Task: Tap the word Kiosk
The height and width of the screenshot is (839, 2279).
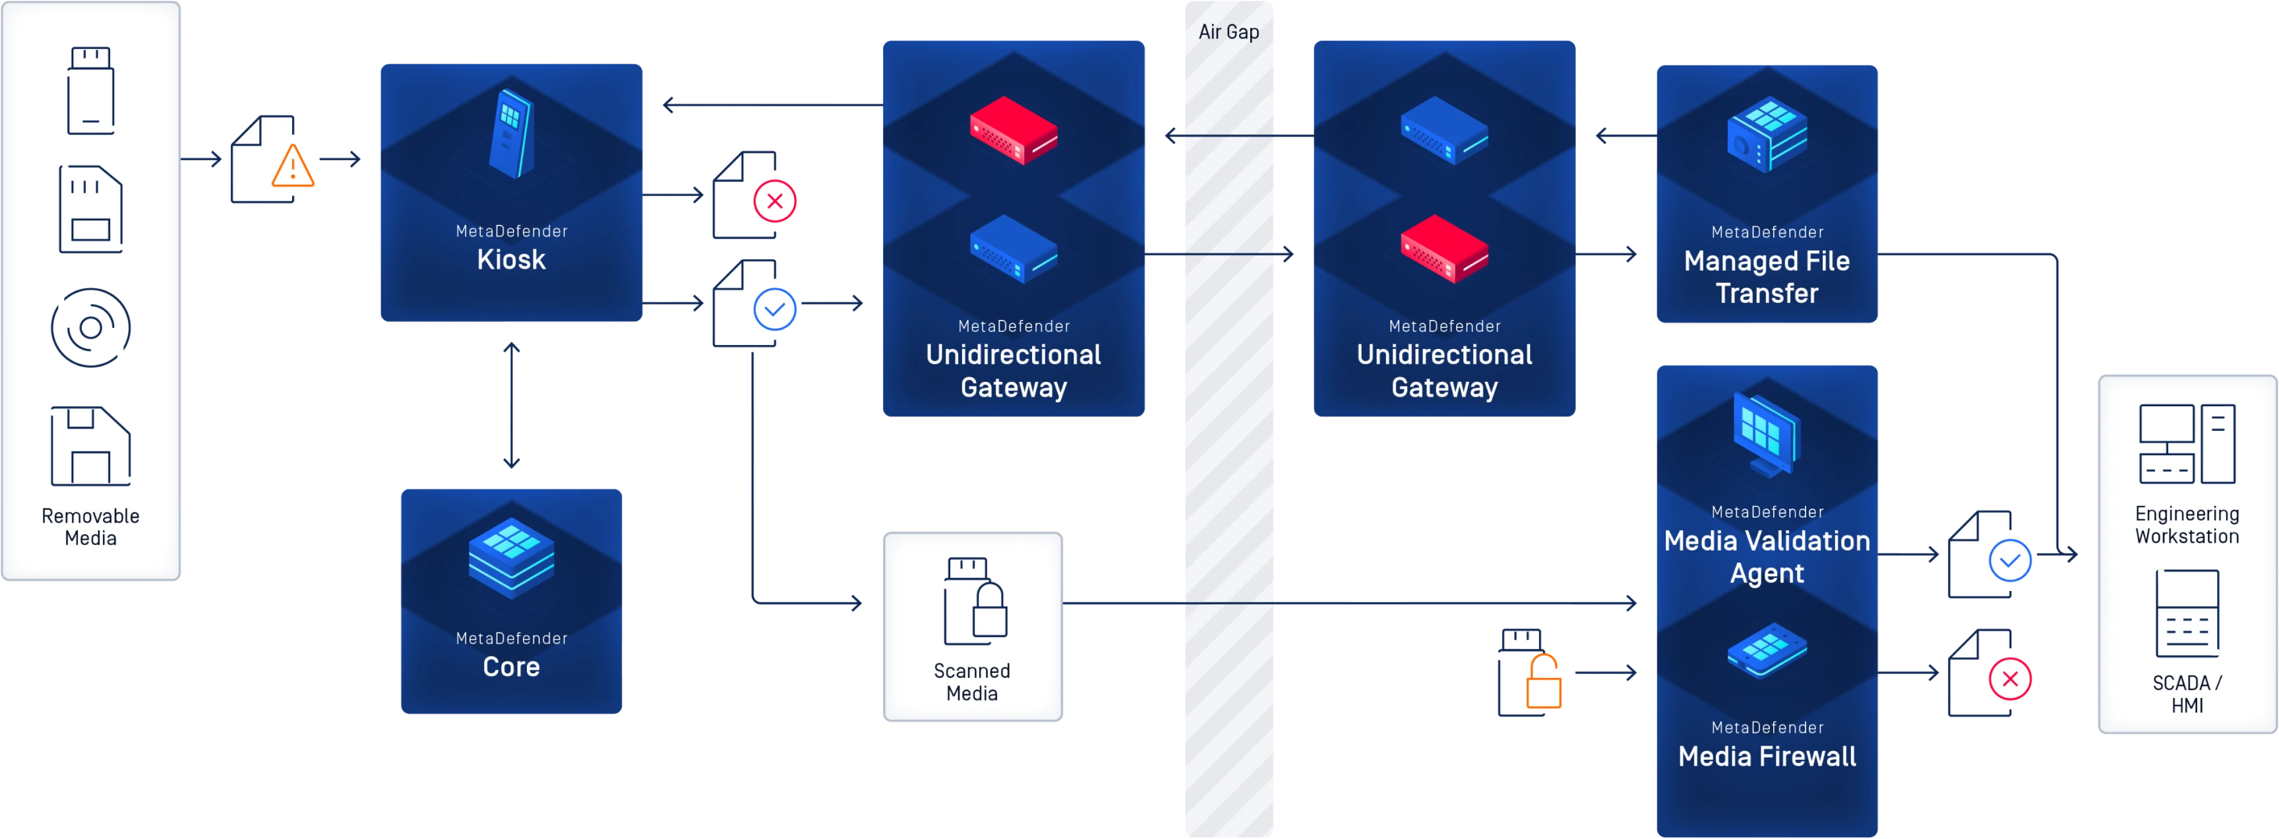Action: (510, 259)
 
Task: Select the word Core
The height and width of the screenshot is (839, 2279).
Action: (510, 666)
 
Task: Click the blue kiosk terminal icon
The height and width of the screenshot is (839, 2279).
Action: (511, 133)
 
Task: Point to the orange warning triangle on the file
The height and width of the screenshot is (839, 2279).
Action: (293, 168)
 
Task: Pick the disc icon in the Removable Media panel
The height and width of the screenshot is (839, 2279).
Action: (90, 327)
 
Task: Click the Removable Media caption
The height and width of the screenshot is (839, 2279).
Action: (90, 526)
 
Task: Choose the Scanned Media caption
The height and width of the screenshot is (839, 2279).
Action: (971, 681)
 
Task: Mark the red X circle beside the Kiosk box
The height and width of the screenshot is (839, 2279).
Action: (775, 202)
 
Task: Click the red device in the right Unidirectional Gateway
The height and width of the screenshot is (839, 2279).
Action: (1445, 249)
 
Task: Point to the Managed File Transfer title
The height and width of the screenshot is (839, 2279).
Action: (1767, 277)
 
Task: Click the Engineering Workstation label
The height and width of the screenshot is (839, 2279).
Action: (2187, 525)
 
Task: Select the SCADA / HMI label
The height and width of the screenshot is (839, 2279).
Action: (2187, 694)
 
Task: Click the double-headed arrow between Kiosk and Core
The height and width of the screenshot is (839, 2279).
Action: (510, 404)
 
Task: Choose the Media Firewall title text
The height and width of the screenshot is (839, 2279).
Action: (1767, 757)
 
